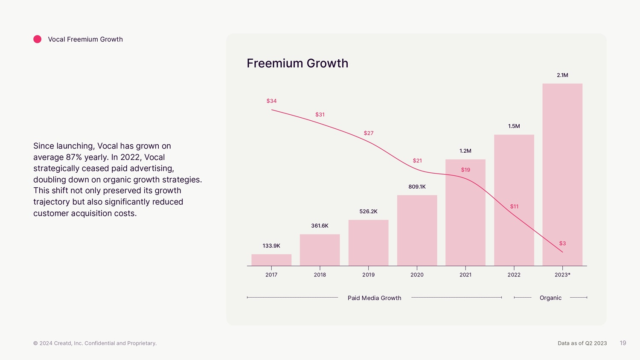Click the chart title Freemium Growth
pos(297,63)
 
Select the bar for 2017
pos(271,260)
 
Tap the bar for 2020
pos(417,230)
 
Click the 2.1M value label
pos(562,75)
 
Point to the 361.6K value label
pos(320,226)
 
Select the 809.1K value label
pos(417,187)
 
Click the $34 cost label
pos(271,101)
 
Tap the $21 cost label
pos(417,161)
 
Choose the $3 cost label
pos(562,244)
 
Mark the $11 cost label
pos(514,206)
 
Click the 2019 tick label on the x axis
pos(368,275)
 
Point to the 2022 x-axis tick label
pos(514,275)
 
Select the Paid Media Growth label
pos(374,298)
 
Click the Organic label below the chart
pos(550,298)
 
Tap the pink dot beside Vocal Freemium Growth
pos(38,39)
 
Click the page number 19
pos(623,343)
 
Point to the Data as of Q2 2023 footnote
pos(582,343)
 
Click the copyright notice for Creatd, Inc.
pos(95,343)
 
